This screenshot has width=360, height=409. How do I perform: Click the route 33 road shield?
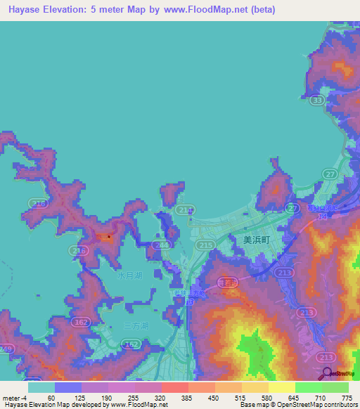318,101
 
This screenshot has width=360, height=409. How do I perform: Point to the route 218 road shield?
79,250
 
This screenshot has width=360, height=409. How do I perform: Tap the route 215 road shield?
205,244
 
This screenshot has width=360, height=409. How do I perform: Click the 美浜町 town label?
256,239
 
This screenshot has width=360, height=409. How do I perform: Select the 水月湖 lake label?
130,276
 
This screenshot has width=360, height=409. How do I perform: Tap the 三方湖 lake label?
136,326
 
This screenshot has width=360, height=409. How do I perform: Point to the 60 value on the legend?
51,397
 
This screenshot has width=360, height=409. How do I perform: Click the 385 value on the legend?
187,397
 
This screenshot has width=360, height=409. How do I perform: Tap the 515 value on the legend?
241,397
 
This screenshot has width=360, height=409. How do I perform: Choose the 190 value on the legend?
105,397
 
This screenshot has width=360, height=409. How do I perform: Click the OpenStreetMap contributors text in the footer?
321,405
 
